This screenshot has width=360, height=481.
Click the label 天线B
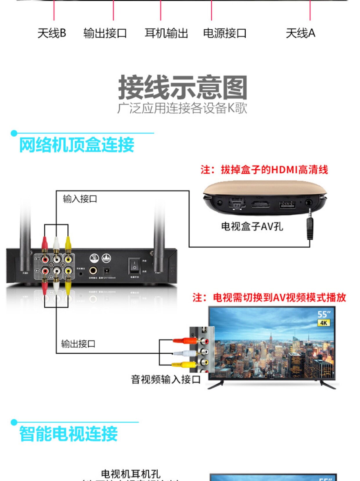52,33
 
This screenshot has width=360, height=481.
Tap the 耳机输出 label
166,33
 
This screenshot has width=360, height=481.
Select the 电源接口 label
225,33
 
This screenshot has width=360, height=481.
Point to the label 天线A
300,33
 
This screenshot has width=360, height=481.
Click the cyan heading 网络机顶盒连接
77,145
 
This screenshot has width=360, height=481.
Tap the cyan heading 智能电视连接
69,434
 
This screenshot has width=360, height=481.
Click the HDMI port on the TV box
260,204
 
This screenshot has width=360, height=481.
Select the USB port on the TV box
287,204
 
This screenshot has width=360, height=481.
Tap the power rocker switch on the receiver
134,265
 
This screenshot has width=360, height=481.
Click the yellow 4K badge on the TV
323,323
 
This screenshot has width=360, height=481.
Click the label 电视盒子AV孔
252,226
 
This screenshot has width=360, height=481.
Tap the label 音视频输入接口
166,379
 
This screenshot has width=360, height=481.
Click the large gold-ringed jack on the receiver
93,271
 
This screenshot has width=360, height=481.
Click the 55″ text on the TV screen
324,314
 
